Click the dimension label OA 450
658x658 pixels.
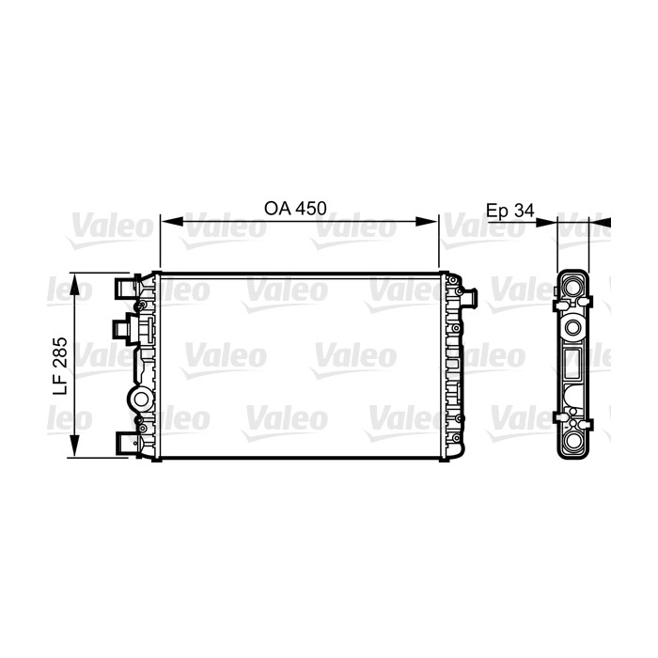pyautogui.click(x=296, y=210)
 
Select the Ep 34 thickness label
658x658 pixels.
pyautogui.click(x=509, y=211)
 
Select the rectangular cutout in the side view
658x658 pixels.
pyautogui.click(x=573, y=361)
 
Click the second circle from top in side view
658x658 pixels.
pyautogui.click(x=573, y=326)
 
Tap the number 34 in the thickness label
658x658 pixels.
pyautogui.click(x=524, y=211)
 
